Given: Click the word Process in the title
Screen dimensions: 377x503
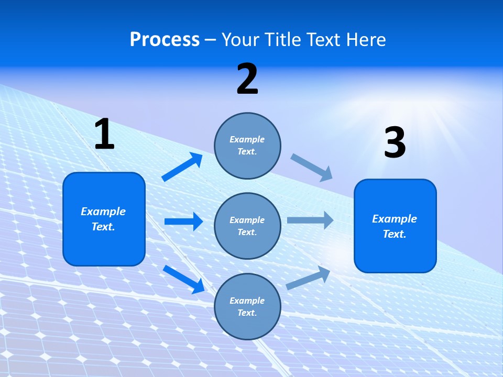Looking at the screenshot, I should click(165, 40).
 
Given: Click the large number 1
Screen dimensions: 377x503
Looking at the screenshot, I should click(104, 135).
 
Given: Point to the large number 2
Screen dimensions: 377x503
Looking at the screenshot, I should click(247, 80).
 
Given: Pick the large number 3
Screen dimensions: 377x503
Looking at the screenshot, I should click(395, 143).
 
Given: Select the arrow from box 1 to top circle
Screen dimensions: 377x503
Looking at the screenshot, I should click(182, 167).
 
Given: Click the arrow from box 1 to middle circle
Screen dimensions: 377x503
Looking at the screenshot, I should click(183, 221).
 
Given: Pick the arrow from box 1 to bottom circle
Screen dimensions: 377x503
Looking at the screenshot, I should click(184, 279).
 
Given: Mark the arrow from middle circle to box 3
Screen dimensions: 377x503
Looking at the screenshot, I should click(310, 220).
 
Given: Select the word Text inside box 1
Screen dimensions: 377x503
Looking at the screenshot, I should click(103, 227).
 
